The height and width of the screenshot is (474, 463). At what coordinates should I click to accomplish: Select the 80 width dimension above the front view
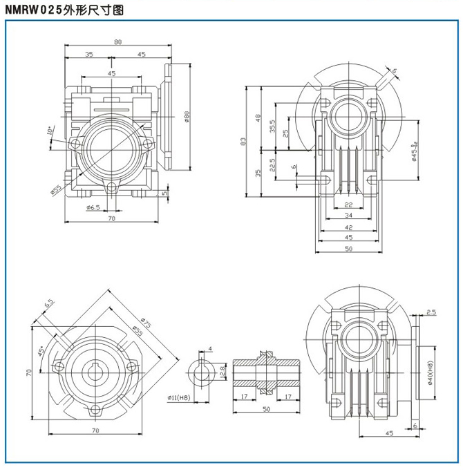click(x=117, y=42)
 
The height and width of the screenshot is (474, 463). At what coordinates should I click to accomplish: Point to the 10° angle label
click(x=50, y=131)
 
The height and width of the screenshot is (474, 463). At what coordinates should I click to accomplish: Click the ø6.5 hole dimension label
click(x=94, y=207)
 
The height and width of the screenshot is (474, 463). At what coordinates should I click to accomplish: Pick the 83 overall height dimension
click(x=243, y=141)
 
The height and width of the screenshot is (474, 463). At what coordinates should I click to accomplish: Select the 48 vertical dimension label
click(x=258, y=117)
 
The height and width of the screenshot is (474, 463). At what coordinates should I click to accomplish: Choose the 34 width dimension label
click(x=348, y=216)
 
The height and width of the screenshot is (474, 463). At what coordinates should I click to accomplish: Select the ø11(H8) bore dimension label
click(x=178, y=397)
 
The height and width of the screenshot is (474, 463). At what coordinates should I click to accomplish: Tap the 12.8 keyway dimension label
click(x=222, y=372)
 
